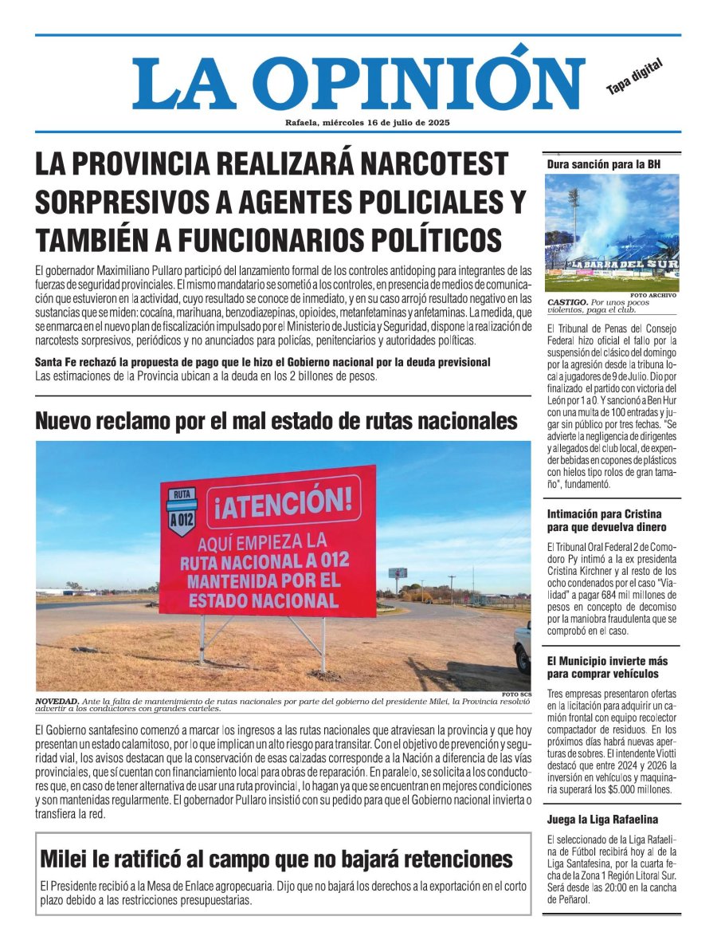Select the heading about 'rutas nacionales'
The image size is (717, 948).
[x=276, y=420]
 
